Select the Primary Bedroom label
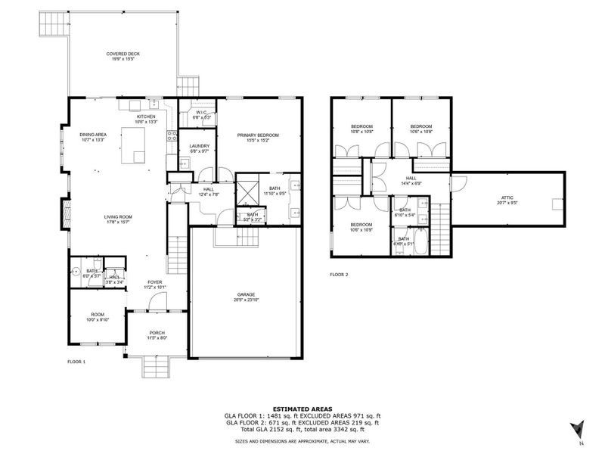click(x=258, y=135)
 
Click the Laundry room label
click(x=199, y=146)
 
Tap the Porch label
click(x=157, y=333)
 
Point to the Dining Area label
click(x=92, y=135)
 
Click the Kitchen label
click(x=145, y=117)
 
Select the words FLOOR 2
click(x=339, y=275)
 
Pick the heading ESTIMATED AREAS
click(x=302, y=409)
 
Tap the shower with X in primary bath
click(x=248, y=189)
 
